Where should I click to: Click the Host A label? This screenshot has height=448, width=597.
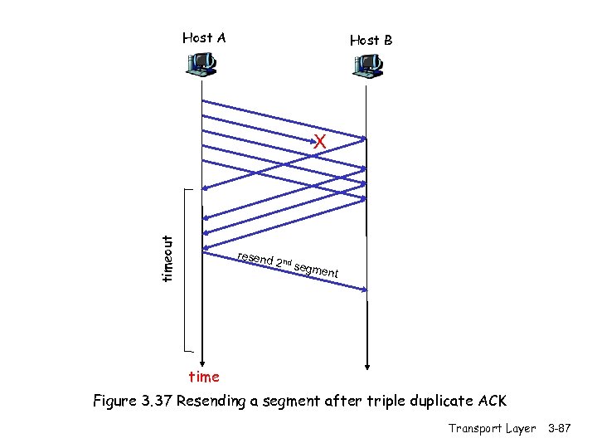point(204,37)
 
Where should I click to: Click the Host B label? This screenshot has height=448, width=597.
point(371,40)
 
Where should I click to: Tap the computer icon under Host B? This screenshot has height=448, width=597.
point(366,64)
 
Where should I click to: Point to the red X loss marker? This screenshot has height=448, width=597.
point(320,143)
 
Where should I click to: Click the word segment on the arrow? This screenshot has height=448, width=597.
point(316,268)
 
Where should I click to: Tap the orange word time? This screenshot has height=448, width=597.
point(204,377)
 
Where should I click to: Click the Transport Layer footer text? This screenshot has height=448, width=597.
point(492,428)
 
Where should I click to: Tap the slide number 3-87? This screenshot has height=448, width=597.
point(563,428)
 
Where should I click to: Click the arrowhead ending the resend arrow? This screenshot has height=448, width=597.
point(362,289)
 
